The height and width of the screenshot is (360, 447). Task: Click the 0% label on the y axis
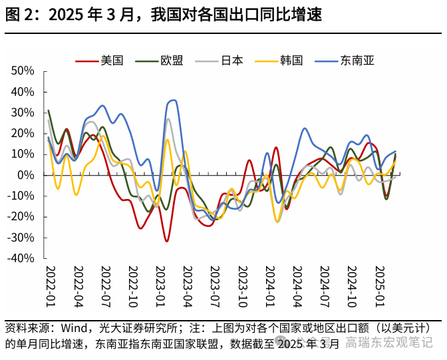pyautogui.click(x=26, y=175)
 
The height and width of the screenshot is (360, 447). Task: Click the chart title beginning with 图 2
pyautogui.click(x=164, y=15)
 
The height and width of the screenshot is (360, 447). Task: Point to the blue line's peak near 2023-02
pyautogui.click(x=173, y=100)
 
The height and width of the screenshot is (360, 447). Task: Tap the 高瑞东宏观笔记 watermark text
pyautogui.click(x=389, y=343)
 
